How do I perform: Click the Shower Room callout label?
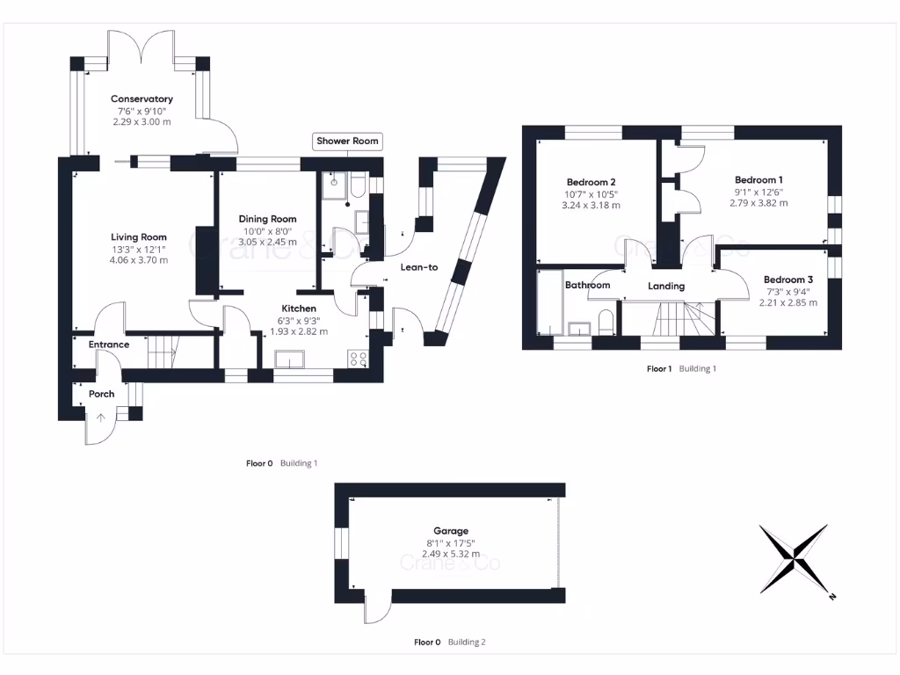click(348, 142)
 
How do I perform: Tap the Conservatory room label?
click(142, 99)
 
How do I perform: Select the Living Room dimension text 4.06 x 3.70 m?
click(139, 259)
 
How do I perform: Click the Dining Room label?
click(268, 219)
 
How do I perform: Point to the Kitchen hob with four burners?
click(359, 359)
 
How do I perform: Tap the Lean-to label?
click(418, 267)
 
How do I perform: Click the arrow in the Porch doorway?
click(100, 418)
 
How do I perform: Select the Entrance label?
click(109, 345)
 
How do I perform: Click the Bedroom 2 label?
click(592, 182)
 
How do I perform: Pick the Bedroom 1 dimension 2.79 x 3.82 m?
click(758, 203)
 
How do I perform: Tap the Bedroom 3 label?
click(787, 279)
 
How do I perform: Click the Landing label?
click(666, 287)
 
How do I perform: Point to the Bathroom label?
click(587, 286)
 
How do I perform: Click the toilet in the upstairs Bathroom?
click(606, 322)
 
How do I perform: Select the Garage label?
click(450, 531)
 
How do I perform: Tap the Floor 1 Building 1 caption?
click(681, 369)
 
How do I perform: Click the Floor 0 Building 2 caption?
click(449, 642)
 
